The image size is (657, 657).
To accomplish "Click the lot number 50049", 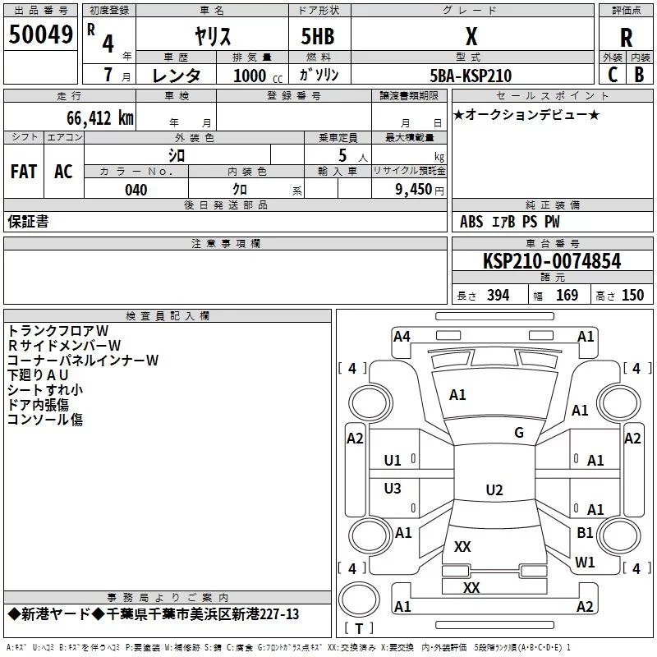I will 40,34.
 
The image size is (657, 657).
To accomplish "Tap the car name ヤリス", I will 212,37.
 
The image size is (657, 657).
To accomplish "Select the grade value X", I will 471,36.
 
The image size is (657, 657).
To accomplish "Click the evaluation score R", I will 626,38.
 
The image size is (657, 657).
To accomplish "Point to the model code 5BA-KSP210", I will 471,76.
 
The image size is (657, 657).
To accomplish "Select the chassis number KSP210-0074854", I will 551,262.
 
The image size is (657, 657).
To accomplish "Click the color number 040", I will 136,190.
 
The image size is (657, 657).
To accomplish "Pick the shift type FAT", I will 24,171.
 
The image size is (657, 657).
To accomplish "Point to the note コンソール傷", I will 45,419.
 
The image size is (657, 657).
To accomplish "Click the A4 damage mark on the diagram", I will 402,336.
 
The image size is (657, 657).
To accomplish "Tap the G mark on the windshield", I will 519,433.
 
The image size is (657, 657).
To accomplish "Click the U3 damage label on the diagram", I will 393,489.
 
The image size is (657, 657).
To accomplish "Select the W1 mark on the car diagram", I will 585,563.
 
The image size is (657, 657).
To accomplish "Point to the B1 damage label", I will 585,533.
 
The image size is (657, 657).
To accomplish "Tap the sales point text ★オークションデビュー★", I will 526,114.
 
